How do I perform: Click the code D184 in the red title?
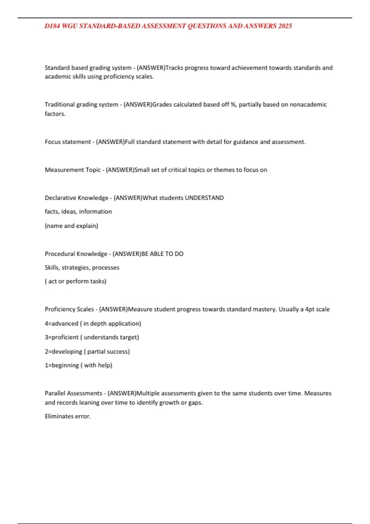point(52,26)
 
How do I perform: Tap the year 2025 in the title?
point(285,26)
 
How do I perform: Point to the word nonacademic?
point(308,104)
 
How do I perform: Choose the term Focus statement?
point(68,142)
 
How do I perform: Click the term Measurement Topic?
point(73,170)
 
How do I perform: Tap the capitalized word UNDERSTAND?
point(204,198)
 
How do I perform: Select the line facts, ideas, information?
point(78,211)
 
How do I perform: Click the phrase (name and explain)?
point(72,226)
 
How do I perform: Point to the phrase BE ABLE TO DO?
point(162,254)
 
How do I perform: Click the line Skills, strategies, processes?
point(82,268)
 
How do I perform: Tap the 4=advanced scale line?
point(93,323)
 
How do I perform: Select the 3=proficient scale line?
point(92,337)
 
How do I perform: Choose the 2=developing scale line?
point(87,351)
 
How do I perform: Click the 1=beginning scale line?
point(79,365)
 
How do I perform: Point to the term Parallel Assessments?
point(73,393)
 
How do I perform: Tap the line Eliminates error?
point(68,416)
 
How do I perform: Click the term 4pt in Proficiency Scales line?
point(310,309)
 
